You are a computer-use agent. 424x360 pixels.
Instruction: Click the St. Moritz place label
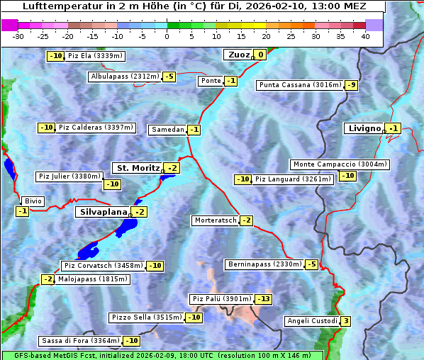click(x=138, y=168)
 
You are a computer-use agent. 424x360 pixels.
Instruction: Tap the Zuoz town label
click(x=237, y=55)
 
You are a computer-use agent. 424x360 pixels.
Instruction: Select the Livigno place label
click(x=363, y=128)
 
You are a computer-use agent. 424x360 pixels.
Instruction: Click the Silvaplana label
click(x=104, y=212)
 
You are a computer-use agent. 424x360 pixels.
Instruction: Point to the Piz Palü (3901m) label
click(x=221, y=299)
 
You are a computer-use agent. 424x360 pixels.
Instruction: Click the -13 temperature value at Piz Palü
click(x=264, y=299)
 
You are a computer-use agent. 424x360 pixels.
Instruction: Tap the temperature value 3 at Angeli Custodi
click(x=345, y=321)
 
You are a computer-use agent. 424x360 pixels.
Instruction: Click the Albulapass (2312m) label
click(x=125, y=77)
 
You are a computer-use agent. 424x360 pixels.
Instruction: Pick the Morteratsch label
click(x=215, y=220)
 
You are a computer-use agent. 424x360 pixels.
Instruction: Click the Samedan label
click(x=167, y=130)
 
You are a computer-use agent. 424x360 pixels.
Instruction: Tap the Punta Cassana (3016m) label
click(x=300, y=85)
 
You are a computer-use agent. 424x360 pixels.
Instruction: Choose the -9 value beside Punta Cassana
click(x=352, y=85)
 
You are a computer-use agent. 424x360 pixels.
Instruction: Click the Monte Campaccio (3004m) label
click(x=340, y=164)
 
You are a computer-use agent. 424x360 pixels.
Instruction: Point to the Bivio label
click(x=33, y=201)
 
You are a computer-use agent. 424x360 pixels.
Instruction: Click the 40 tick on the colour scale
click(x=365, y=36)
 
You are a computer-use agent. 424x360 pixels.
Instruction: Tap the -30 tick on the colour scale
click(x=18, y=36)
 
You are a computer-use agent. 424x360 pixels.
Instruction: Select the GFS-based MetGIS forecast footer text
click(x=162, y=355)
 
